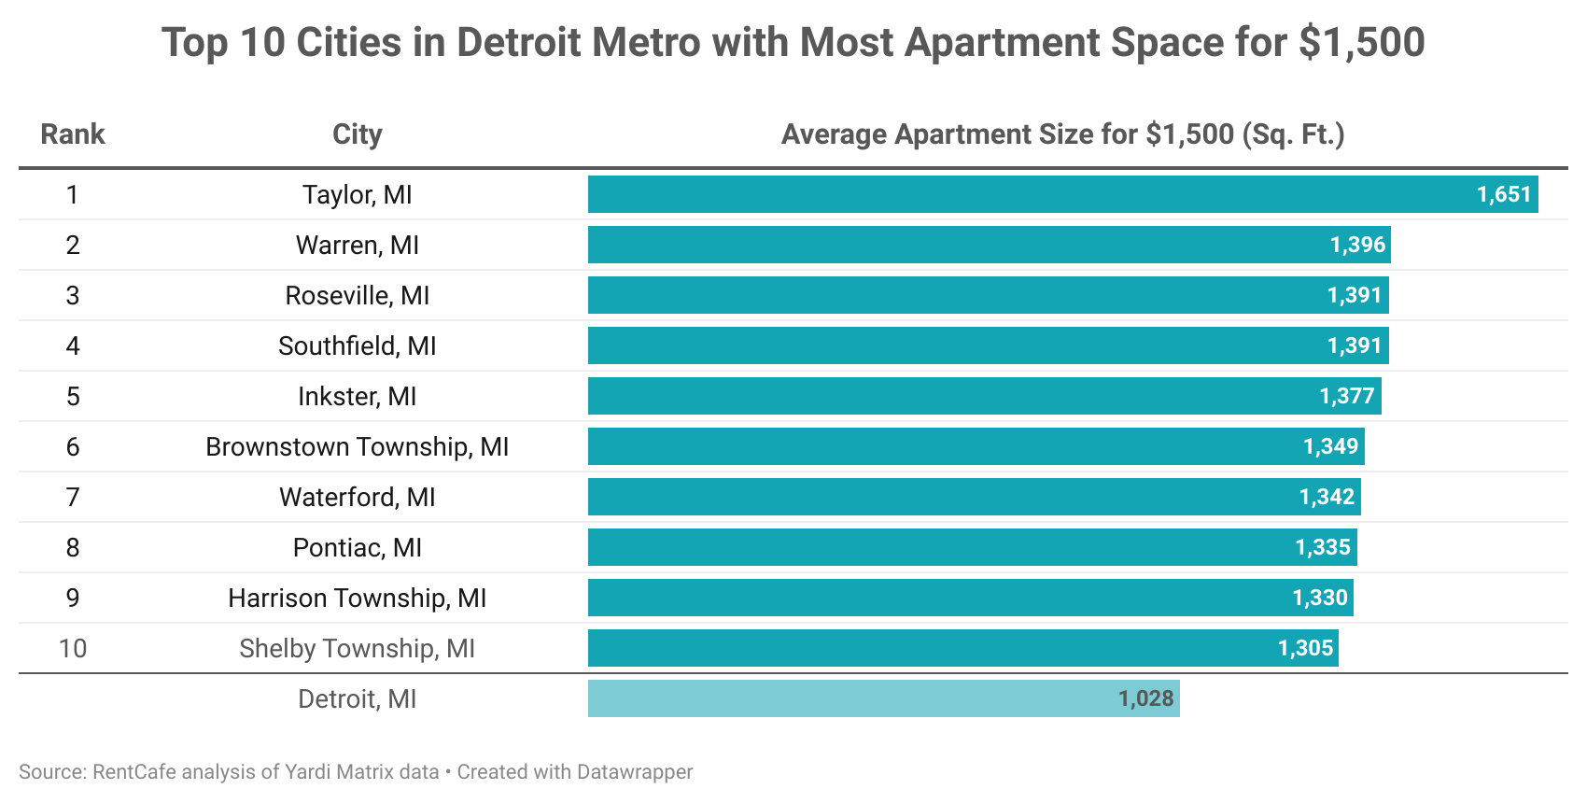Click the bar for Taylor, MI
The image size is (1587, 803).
[1027, 194]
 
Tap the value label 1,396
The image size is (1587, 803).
[1357, 245]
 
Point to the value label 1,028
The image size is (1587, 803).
[1145, 698]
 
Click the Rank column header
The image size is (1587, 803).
[73, 134]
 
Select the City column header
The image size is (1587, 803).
[357, 134]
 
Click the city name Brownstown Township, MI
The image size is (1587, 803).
[357, 446]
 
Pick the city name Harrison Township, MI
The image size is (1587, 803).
[357, 598]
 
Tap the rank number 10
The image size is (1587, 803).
[73, 648]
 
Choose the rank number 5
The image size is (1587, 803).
[73, 396]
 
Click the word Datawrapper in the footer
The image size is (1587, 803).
[635, 772]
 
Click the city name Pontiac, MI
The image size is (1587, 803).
[357, 547]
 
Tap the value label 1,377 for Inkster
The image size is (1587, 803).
[1346, 396]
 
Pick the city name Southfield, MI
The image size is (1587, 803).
[357, 345]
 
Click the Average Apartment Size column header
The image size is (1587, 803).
[1062, 134]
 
